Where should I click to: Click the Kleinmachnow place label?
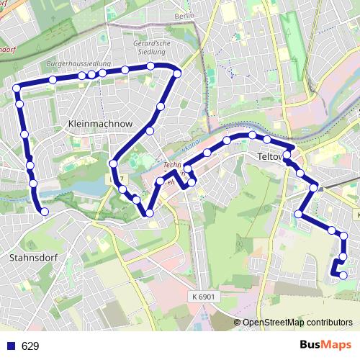pyautogui.click(x=100, y=124)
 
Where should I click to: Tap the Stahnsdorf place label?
pyautogui.click(x=32, y=257)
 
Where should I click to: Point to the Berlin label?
pyautogui.click(x=185, y=15)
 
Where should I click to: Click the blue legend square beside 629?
pyautogui.click(x=10, y=346)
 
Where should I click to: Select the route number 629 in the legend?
pyautogui.click(x=30, y=346)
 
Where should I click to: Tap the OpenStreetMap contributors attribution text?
pyautogui.click(x=297, y=323)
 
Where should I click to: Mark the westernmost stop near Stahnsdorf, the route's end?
pyautogui.click(x=45, y=212)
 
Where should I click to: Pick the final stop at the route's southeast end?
pyautogui.click(x=343, y=275)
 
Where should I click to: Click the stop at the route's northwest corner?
pyautogui.click(x=17, y=89)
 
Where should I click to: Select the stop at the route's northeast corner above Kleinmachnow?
pyautogui.click(x=177, y=73)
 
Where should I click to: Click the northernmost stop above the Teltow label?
pyautogui.click(x=252, y=135)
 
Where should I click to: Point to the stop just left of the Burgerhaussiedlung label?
pyautogui.click(x=53, y=80)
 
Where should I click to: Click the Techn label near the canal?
pyautogui.click(x=172, y=165)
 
